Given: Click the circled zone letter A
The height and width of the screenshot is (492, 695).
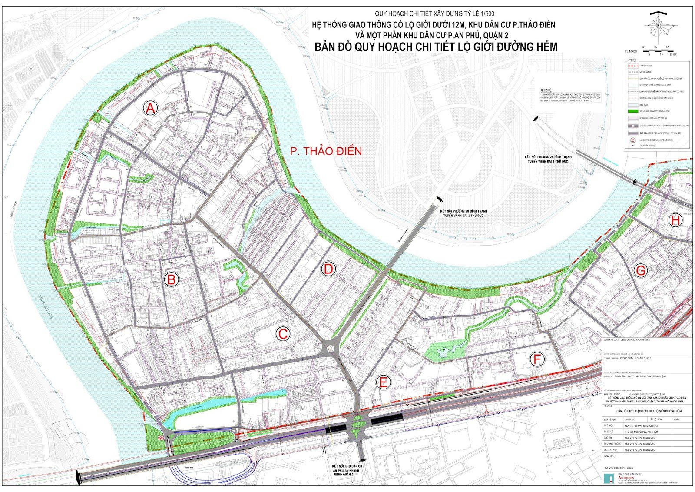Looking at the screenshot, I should (x=150, y=107).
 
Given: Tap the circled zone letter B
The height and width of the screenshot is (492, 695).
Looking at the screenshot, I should (x=171, y=279).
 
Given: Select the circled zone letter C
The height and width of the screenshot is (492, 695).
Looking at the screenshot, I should (x=283, y=334).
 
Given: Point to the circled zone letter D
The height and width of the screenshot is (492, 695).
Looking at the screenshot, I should (x=328, y=269).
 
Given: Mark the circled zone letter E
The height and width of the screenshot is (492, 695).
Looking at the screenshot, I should (x=383, y=382).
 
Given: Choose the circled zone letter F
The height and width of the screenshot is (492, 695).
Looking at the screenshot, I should (x=537, y=359).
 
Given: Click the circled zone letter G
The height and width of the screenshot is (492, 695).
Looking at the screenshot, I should (x=641, y=271).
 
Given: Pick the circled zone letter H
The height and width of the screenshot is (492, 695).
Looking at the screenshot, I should (x=675, y=220).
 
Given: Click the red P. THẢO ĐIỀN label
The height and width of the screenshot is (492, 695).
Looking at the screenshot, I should (x=326, y=151).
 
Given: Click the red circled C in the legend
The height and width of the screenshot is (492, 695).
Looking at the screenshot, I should (x=632, y=140).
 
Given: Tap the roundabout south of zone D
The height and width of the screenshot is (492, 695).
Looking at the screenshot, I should (x=330, y=348).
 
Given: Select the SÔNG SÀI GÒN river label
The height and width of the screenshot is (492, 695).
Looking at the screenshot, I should (x=45, y=307).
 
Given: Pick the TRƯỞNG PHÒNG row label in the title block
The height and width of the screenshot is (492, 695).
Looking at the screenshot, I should (x=613, y=444).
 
